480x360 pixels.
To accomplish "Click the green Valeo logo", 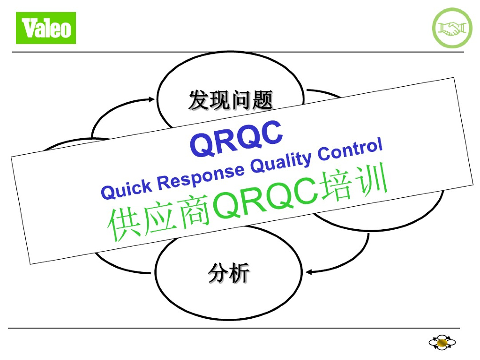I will click(x=46, y=28).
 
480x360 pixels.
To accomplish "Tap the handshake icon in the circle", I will click(x=451, y=28).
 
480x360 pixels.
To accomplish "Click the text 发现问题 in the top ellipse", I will click(x=231, y=100).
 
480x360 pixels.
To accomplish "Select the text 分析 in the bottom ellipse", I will click(x=229, y=273).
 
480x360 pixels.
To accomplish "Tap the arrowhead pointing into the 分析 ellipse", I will click(x=308, y=271).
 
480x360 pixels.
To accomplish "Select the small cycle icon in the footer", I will click(x=442, y=344).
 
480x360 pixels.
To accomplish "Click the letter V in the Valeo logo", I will click(x=29, y=28).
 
